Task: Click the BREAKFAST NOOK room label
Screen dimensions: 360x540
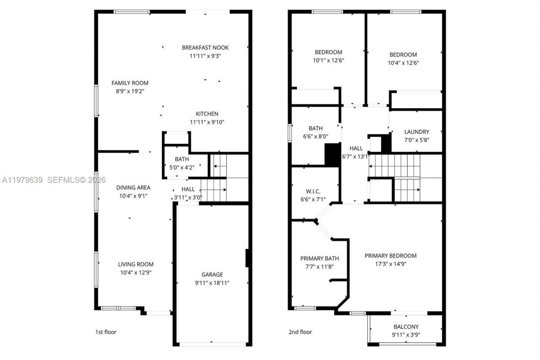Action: tap(205, 48)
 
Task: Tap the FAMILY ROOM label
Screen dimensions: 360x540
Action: tap(130, 83)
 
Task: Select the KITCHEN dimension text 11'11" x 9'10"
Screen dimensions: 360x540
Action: tap(207, 122)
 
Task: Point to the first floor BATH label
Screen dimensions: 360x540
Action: tap(182, 160)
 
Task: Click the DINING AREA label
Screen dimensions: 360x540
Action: tap(133, 187)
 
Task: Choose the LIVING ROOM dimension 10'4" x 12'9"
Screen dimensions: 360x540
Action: tap(135, 273)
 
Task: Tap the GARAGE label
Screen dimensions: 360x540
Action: tap(212, 274)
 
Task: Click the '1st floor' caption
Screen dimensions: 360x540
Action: tap(105, 332)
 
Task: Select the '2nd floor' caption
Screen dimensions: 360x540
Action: tap(300, 332)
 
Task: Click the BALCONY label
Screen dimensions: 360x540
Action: tap(406, 327)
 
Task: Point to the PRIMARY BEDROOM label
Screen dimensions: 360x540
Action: tap(390, 256)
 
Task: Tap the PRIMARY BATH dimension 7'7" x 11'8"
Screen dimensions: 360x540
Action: tap(319, 267)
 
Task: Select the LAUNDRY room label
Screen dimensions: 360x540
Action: tap(416, 132)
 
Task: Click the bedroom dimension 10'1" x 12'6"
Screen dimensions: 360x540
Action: tap(328, 60)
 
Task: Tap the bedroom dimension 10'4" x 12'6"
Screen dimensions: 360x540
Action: tap(403, 63)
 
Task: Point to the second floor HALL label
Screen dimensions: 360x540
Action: tap(356, 148)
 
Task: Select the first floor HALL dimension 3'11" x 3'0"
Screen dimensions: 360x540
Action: tap(188, 197)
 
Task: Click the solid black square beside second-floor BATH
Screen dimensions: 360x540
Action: tap(332, 154)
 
